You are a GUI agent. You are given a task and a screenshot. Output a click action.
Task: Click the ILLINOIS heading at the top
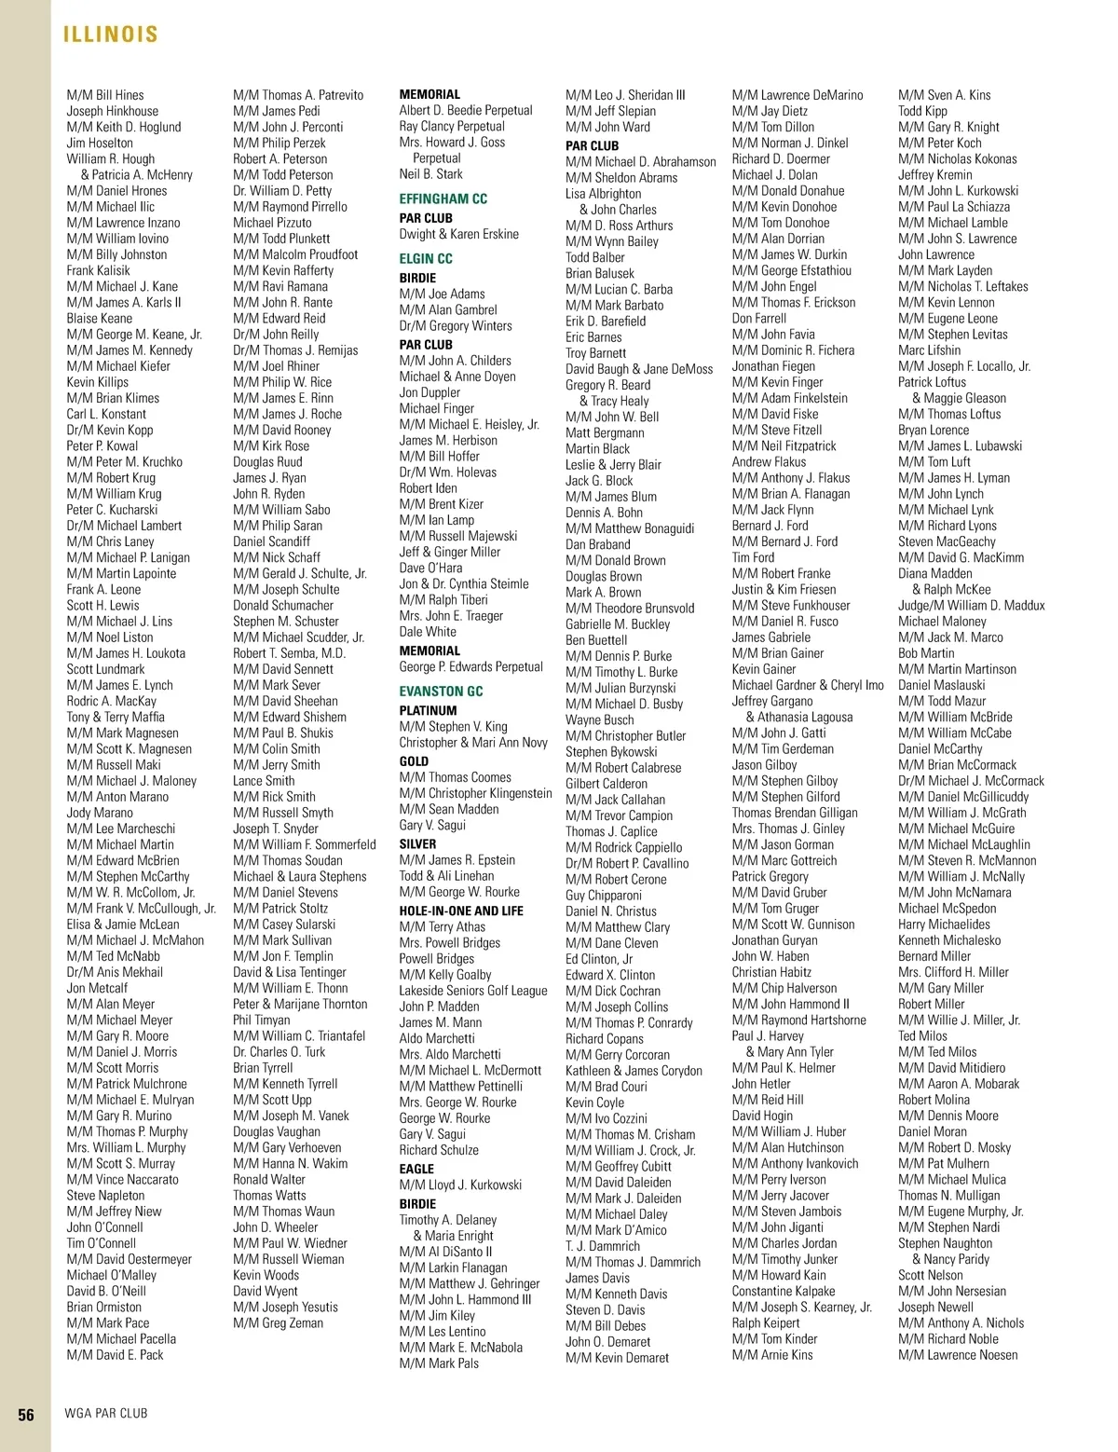click(110, 34)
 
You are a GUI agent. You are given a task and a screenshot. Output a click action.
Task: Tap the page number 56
click(26, 1414)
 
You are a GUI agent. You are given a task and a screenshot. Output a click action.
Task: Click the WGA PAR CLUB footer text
click(105, 1413)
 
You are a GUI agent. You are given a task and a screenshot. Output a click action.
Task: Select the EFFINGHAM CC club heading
click(443, 199)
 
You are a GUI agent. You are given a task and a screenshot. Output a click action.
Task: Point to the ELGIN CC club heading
click(426, 258)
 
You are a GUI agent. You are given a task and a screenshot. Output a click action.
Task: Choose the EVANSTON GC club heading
click(441, 691)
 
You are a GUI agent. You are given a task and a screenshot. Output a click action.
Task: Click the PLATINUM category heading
click(428, 710)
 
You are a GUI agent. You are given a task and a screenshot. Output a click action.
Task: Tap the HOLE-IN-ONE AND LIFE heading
click(461, 911)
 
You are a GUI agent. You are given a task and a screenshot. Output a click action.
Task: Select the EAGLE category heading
click(416, 1169)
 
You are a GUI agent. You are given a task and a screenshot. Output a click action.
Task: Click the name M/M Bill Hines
click(105, 95)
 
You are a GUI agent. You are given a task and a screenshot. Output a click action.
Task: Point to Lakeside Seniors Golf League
click(473, 991)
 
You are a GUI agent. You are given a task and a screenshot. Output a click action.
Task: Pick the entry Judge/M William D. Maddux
click(971, 606)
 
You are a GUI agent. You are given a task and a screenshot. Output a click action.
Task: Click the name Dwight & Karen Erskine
click(458, 234)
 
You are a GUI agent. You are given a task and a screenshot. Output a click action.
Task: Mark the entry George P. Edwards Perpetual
click(470, 667)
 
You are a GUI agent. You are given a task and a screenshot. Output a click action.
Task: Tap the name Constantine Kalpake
click(783, 1291)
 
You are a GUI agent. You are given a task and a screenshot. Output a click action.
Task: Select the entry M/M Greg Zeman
click(278, 1323)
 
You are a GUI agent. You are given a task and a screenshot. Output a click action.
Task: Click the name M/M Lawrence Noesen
click(958, 1355)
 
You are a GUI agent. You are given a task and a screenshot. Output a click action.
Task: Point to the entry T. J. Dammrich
click(602, 1246)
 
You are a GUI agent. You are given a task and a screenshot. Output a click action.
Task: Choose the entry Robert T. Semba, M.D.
click(289, 653)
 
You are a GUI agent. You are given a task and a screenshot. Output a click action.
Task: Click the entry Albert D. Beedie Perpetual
click(466, 110)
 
